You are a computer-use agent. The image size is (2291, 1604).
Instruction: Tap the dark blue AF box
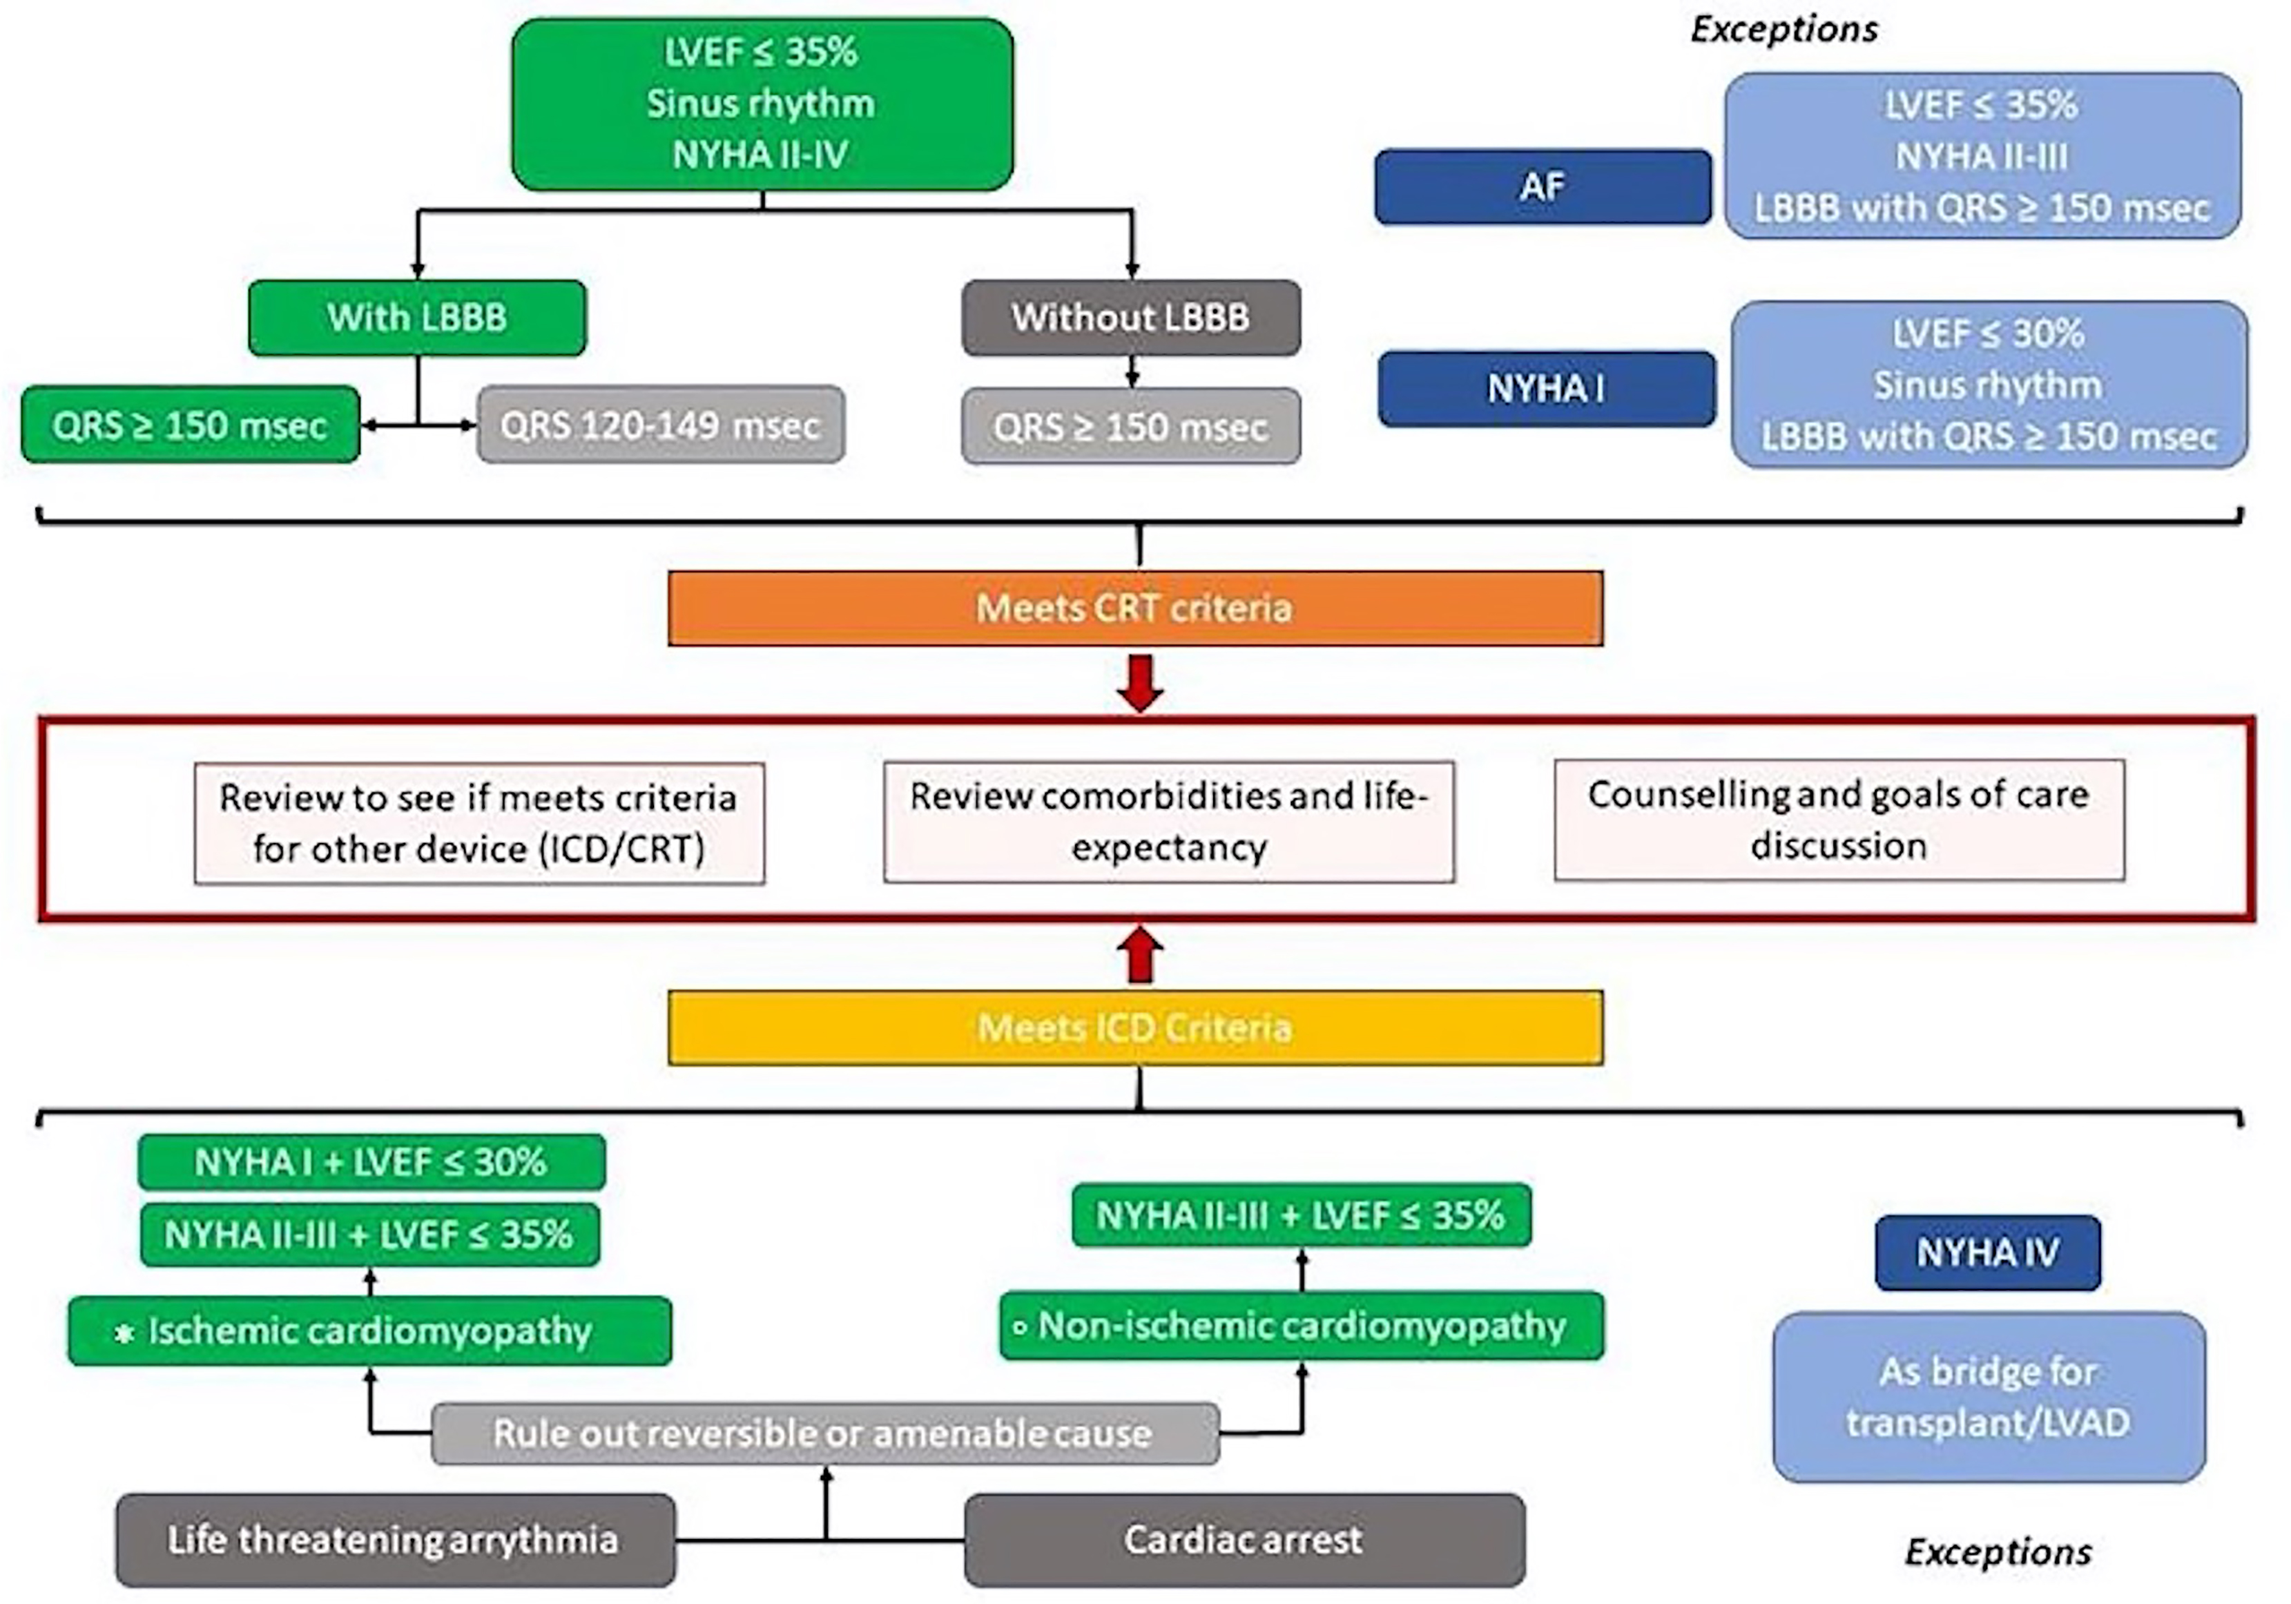(x=1543, y=186)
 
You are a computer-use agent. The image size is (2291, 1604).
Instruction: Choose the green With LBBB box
(x=417, y=318)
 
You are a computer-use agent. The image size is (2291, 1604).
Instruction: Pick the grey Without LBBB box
(x=1130, y=318)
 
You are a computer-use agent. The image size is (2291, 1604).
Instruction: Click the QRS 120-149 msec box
(x=661, y=426)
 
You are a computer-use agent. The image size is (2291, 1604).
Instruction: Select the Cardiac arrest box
(x=1244, y=1539)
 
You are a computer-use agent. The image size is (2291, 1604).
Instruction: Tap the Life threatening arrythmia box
(x=395, y=1539)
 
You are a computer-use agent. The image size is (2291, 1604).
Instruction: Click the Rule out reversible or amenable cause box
(x=824, y=1433)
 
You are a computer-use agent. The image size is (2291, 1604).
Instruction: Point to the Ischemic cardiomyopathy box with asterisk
(x=369, y=1331)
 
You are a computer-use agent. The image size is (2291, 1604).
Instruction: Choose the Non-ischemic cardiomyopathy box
(x=1301, y=1326)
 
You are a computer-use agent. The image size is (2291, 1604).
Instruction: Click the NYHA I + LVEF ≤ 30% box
(x=371, y=1162)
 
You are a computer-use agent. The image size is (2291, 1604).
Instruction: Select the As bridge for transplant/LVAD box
(x=1989, y=1396)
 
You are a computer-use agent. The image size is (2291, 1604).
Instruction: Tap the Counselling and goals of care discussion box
(x=1839, y=820)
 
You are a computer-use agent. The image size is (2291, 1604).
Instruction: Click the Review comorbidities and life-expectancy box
(x=1168, y=822)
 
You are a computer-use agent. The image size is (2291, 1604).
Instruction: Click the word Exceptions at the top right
(x=1783, y=30)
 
